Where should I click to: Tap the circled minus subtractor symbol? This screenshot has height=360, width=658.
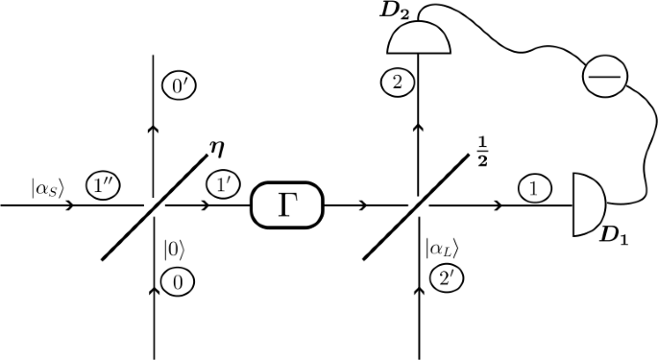point(602,73)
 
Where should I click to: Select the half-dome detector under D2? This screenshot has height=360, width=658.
point(418,39)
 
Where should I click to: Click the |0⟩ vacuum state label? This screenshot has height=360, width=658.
point(174,253)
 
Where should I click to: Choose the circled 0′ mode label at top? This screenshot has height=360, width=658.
point(175,87)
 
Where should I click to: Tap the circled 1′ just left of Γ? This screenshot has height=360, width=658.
point(222,182)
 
